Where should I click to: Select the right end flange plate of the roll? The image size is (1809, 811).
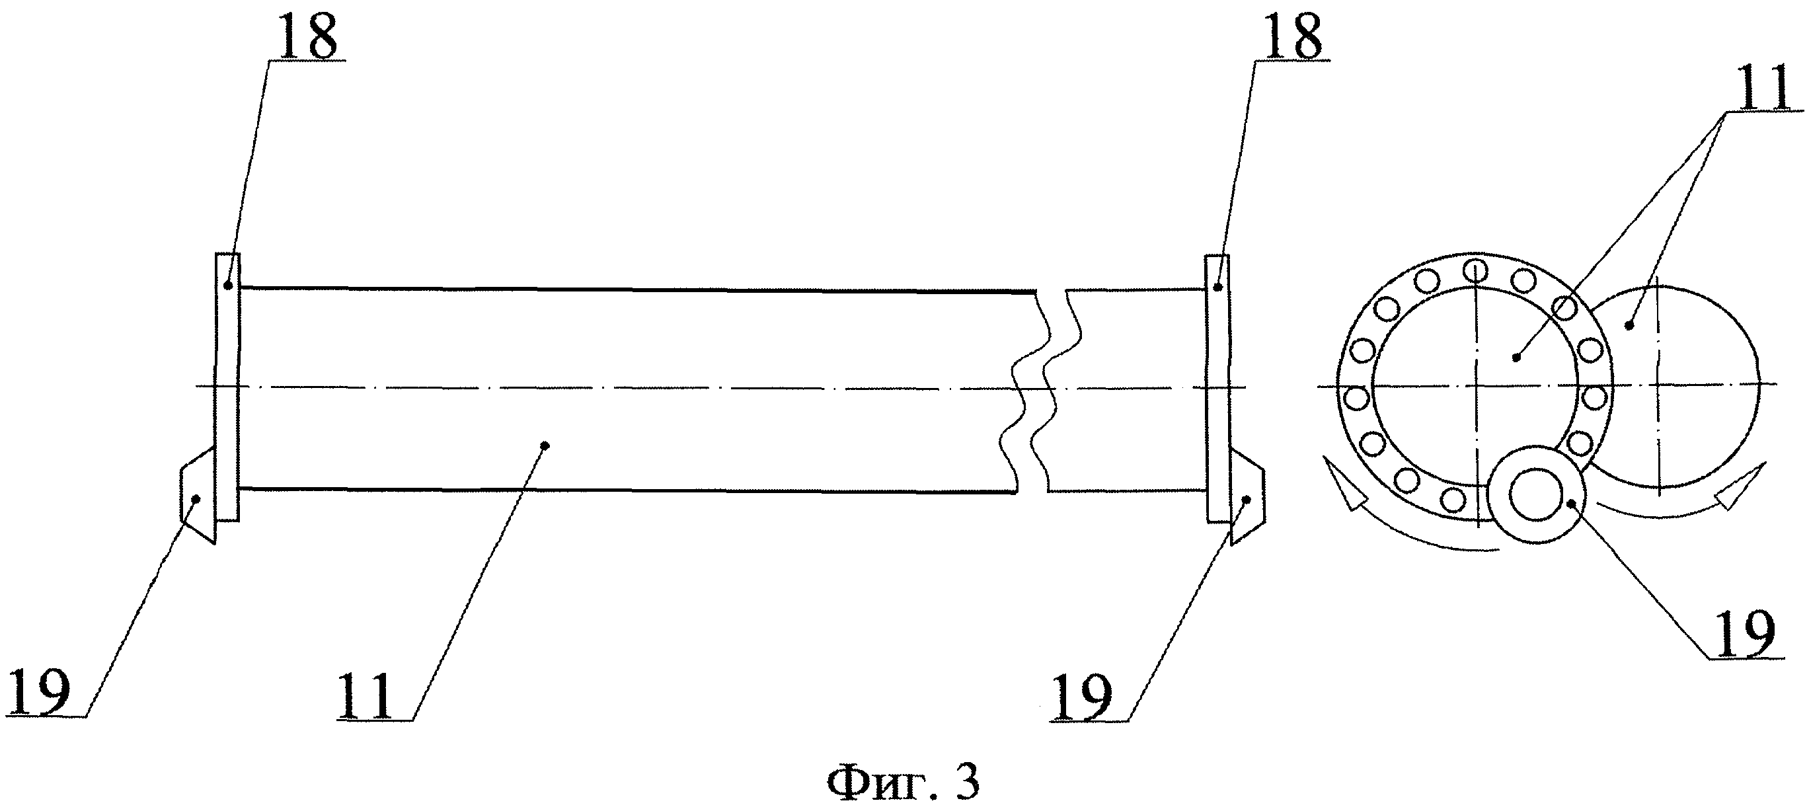1218,388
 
